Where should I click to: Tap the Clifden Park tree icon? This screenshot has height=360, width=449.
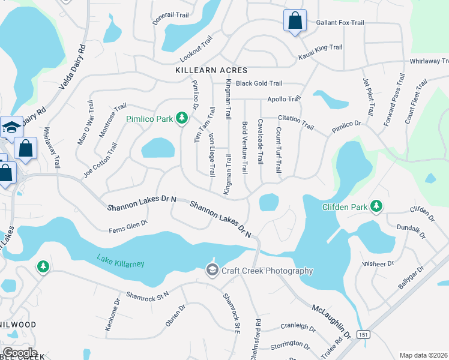tap(376, 207)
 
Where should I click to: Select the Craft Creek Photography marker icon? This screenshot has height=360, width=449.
tap(212, 271)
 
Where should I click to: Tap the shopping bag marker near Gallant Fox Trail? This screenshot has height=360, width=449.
tap(295, 22)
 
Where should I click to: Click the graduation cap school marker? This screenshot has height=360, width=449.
tap(11, 127)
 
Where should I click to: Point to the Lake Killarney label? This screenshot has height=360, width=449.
tap(121, 262)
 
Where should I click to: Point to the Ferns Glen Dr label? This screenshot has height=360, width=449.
tap(128, 226)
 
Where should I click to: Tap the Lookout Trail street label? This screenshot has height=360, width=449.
tap(197, 50)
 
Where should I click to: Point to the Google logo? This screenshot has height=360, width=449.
tap(20, 352)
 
